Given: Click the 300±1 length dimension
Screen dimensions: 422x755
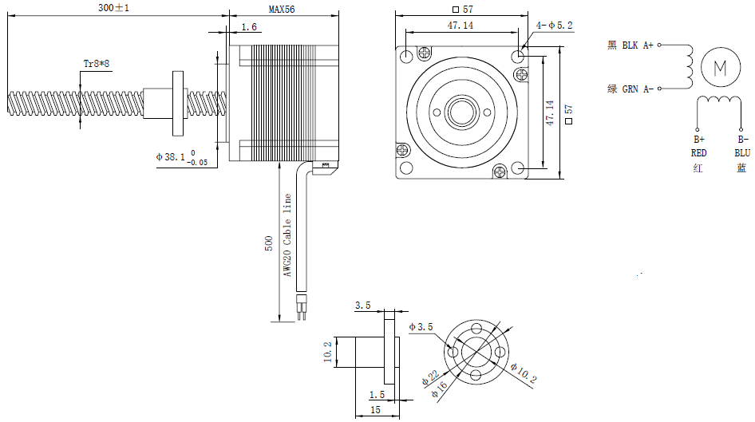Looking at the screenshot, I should click(x=113, y=7).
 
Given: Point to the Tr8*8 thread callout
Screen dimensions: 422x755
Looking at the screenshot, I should click(x=97, y=62).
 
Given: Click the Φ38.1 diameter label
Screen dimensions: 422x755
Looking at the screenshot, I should click(x=172, y=157).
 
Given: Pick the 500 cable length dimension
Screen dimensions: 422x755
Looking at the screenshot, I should click(x=269, y=243).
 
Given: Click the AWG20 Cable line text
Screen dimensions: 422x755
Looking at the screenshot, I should click(x=287, y=235).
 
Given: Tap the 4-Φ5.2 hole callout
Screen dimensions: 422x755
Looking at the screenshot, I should click(x=555, y=26).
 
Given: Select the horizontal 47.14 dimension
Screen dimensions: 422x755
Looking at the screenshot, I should click(x=459, y=26).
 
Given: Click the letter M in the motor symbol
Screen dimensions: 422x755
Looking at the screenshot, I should click(x=720, y=67).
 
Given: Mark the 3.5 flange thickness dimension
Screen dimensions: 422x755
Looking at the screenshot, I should click(x=362, y=306).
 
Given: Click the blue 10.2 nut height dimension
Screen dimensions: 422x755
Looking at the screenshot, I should click(x=326, y=350).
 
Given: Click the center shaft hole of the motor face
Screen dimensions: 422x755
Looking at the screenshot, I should click(x=461, y=111).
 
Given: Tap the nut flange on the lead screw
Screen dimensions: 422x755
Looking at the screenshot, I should click(x=176, y=103).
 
